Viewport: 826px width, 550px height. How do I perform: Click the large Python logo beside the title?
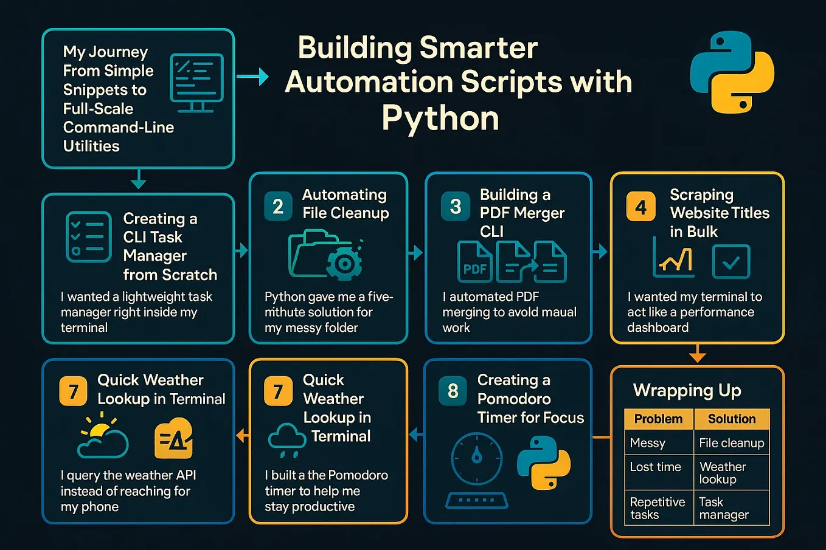(732, 72)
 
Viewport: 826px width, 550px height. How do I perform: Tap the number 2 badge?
(278, 206)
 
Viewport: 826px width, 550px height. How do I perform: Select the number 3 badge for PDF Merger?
(456, 206)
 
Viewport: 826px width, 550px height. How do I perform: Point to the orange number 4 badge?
(640, 207)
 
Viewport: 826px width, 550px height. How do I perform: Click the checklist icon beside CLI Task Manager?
(88, 237)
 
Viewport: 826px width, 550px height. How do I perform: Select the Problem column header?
(658, 419)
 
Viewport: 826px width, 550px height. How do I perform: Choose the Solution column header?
(731, 419)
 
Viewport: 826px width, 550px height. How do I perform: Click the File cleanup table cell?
(731, 443)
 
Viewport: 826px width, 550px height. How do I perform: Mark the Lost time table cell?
(655, 467)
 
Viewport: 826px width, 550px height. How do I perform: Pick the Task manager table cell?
(723, 509)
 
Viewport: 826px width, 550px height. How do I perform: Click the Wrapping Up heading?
(687, 390)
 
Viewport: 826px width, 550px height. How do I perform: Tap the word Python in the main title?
(440, 118)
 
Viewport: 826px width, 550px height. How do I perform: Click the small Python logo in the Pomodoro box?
(543, 463)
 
